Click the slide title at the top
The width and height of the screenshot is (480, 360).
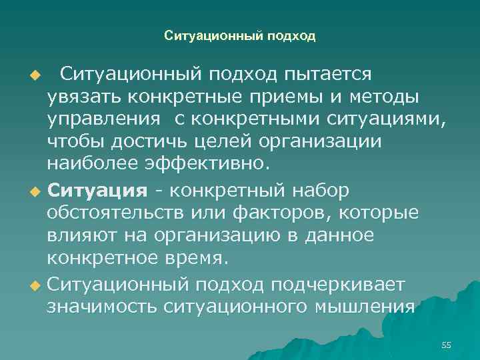(x=239, y=36)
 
